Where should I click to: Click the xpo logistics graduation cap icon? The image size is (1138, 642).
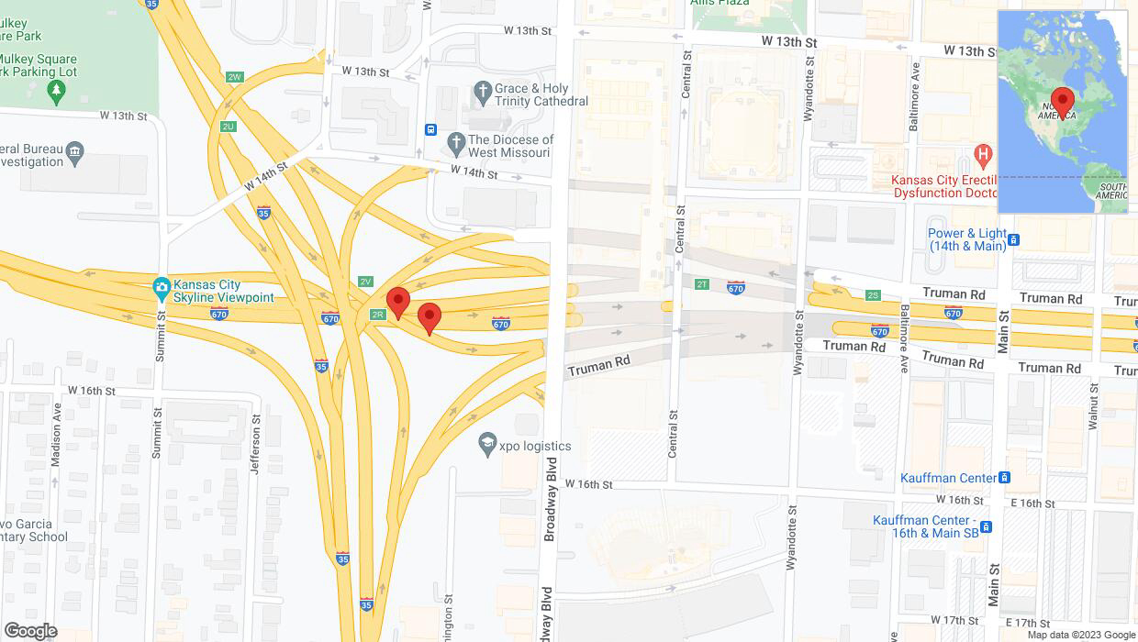(487, 445)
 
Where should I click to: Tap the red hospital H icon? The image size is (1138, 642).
(983, 154)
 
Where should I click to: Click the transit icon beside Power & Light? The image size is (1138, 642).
(1013, 240)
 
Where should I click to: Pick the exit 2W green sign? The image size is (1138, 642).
(235, 77)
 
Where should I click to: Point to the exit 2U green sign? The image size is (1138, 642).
(228, 127)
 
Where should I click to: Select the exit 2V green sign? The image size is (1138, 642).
(365, 282)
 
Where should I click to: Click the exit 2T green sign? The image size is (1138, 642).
(702, 284)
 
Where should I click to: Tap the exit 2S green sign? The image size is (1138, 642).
(872, 294)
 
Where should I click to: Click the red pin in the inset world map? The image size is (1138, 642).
(1063, 101)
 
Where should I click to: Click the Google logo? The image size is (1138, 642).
(30, 631)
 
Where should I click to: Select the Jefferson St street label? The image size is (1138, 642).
(254, 445)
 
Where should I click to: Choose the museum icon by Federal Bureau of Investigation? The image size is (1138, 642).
(75, 150)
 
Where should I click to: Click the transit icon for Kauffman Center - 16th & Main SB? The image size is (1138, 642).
(986, 526)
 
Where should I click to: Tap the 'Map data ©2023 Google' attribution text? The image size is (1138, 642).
(1081, 635)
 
